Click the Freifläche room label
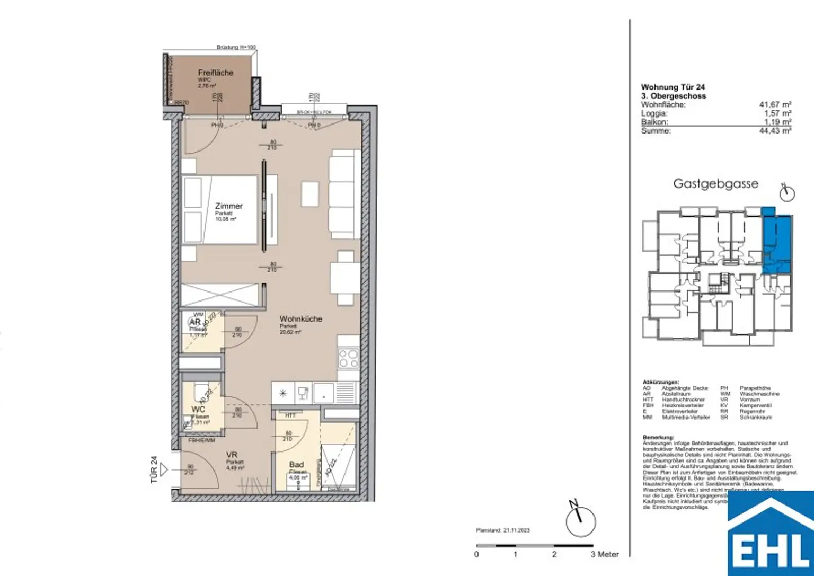pyautogui.click(x=215, y=73)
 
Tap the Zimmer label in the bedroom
pyautogui.click(x=228, y=206)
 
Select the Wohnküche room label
pyautogui.click(x=300, y=319)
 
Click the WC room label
pyautogui.click(x=199, y=410)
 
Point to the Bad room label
pyautogui.click(x=296, y=465)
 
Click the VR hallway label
pyautogui.click(x=231, y=455)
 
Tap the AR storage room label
pyautogui.click(x=194, y=322)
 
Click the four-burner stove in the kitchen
pyautogui.click(x=349, y=358)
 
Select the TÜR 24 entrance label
pyautogui.click(x=154, y=469)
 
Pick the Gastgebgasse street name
pyautogui.click(x=715, y=184)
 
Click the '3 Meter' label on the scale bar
pyautogui.click(x=605, y=554)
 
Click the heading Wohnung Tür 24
pyautogui.click(x=673, y=87)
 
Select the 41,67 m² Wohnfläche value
pyautogui.click(x=775, y=105)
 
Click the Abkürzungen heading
pyautogui.click(x=660, y=382)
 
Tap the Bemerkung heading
pyautogui.click(x=658, y=437)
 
